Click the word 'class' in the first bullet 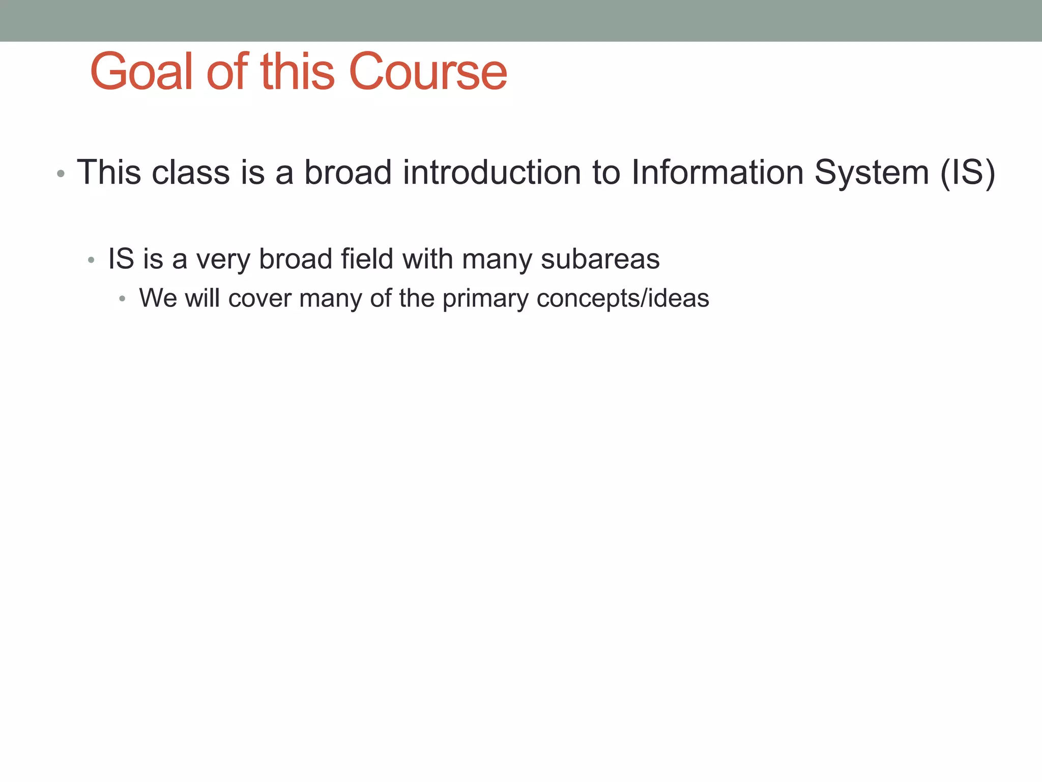tap(191, 172)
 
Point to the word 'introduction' tap(492, 172)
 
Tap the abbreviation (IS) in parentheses tap(967, 173)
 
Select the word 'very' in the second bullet tap(223, 260)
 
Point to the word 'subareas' tap(600, 259)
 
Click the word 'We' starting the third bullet tap(158, 298)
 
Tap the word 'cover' tap(260, 298)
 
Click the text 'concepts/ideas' tap(622, 299)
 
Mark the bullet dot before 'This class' tap(61, 174)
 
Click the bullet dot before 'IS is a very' tap(91, 261)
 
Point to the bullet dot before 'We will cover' tap(122, 299)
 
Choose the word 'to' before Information tap(606, 172)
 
